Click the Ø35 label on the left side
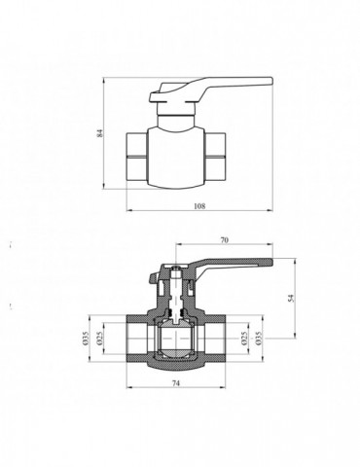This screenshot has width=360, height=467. (x=86, y=337)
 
